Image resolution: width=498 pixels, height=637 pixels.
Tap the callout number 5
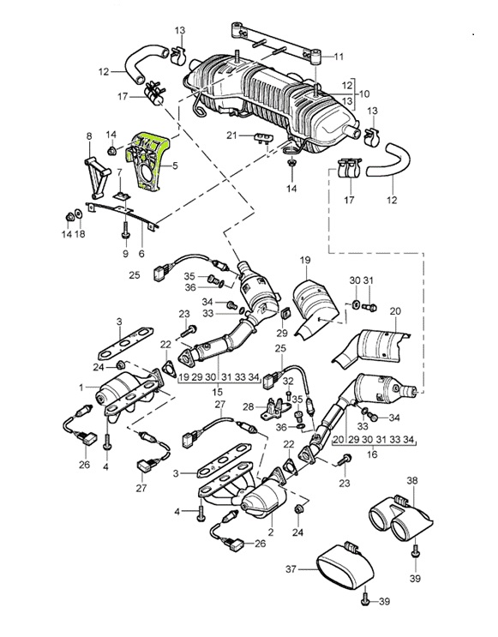coord(175,165)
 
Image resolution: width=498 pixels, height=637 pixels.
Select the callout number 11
coord(339,57)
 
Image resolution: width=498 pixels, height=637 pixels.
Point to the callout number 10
coord(364,93)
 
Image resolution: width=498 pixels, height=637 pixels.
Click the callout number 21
coord(231,135)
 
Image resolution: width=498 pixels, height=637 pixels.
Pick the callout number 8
coord(89,136)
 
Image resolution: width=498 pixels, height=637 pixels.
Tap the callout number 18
coord(80,234)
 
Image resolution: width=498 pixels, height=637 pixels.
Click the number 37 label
coord(291,569)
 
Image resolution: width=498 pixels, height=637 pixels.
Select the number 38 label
coord(412,481)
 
